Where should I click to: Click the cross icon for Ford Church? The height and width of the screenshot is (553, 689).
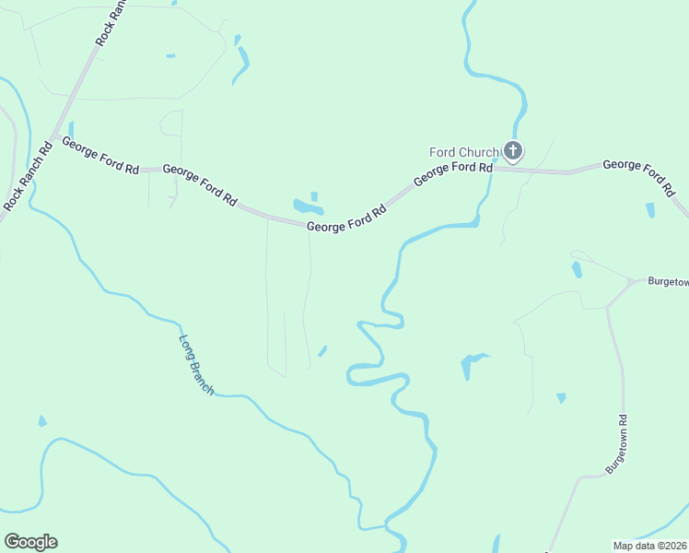(x=513, y=150)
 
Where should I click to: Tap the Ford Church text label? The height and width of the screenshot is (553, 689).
(x=464, y=152)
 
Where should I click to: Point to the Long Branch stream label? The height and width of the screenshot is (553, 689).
(x=196, y=365)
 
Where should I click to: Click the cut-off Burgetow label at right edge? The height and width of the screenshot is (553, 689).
(x=667, y=282)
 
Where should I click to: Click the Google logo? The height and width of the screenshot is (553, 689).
(x=30, y=542)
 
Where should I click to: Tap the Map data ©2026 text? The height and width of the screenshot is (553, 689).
(x=649, y=545)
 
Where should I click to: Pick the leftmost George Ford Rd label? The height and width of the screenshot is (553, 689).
(x=100, y=157)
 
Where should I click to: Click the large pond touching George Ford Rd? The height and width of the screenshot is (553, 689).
(x=306, y=206)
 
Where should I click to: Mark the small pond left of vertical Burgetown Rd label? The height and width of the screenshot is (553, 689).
(x=561, y=398)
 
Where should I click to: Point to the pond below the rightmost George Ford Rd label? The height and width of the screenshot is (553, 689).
(x=651, y=210)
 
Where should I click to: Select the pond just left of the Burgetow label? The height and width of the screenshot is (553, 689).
(x=577, y=269)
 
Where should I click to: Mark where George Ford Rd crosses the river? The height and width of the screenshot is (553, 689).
(x=493, y=168)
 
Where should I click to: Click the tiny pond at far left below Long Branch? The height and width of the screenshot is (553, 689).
(x=41, y=422)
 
